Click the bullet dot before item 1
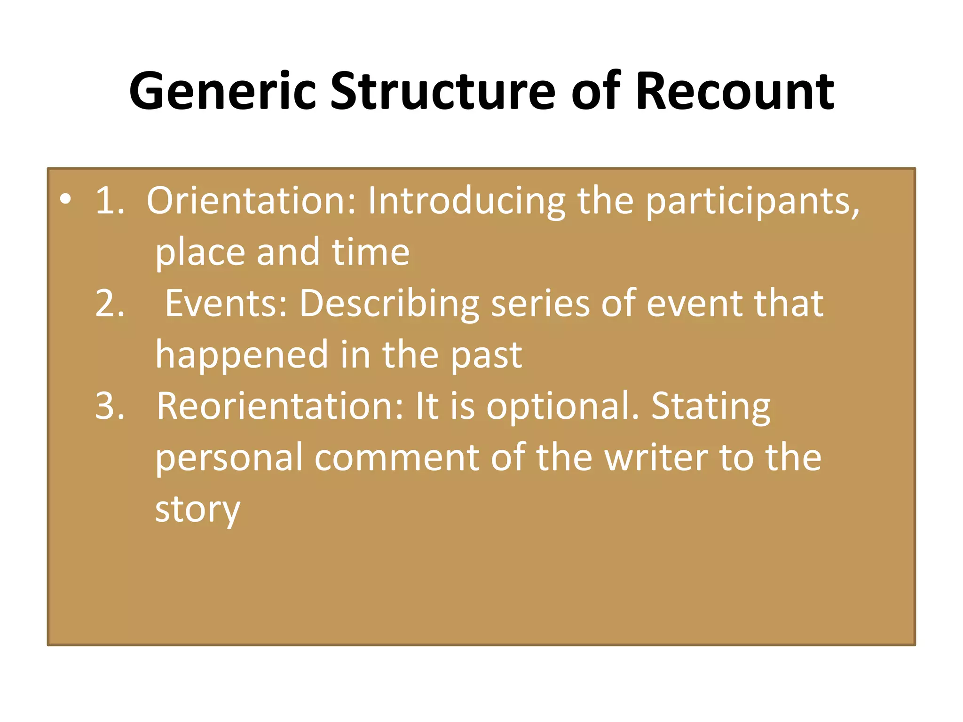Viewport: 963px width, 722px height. point(65,200)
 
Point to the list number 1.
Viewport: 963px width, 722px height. point(109,201)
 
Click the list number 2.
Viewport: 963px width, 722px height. point(110,303)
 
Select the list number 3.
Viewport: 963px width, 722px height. point(110,406)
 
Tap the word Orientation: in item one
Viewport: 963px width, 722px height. point(252,201)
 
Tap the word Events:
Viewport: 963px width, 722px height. point(226,303)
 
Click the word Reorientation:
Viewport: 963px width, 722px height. point(280,406)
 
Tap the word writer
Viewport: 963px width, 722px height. point(656,457)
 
